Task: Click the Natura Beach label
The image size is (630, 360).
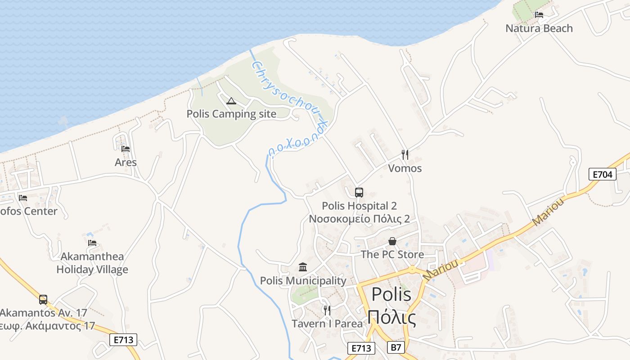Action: coord(539,28)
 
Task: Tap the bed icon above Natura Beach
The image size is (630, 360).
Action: coord(539,15)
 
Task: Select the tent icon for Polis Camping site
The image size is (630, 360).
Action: coord(231,101)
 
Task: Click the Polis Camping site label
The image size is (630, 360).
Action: coord(231,114)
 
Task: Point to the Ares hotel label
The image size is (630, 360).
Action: coord(126,162)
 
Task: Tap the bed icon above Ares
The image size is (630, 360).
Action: coord(126,148)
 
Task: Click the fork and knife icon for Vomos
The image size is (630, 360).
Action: coord(405,155)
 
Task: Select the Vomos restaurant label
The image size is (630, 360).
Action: coord(405,168)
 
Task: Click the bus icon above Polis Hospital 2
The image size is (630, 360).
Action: coord(359,193)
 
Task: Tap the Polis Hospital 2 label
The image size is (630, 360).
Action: coord(359,206)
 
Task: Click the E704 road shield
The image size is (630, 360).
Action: coord(602,174)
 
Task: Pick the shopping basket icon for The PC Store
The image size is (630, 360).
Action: coord(392,241)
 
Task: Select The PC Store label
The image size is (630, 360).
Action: coord(392,255)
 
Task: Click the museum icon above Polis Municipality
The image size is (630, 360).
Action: coord(303,267)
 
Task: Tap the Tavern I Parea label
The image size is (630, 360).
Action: coord(327,324)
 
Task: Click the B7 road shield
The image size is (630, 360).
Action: coord(396,347)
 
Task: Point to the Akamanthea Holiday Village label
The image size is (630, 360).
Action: coord(92,263)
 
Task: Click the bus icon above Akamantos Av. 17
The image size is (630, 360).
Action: coord(43,299)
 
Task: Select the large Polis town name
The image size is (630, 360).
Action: coord(391,295)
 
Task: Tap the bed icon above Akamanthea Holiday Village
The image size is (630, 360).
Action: coord(92,243)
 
